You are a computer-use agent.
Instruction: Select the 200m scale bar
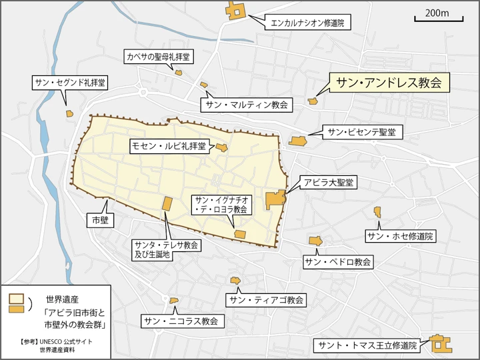click(x=437, y=17)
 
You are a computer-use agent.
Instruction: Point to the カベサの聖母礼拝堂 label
click(x=159, y=57)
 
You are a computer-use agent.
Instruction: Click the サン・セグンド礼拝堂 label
click(x=70, y=83)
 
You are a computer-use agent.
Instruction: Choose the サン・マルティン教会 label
click(x=247, y=105)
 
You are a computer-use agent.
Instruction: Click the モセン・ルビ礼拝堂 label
click(x=168, y=145)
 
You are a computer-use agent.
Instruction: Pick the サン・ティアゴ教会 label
click(x=266, y=300)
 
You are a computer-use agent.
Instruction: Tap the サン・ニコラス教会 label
click(x=181, y=321)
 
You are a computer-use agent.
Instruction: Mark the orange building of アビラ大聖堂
click(x=275, y=200)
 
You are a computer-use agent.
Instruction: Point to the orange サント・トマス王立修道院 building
click(x=440, y=345)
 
